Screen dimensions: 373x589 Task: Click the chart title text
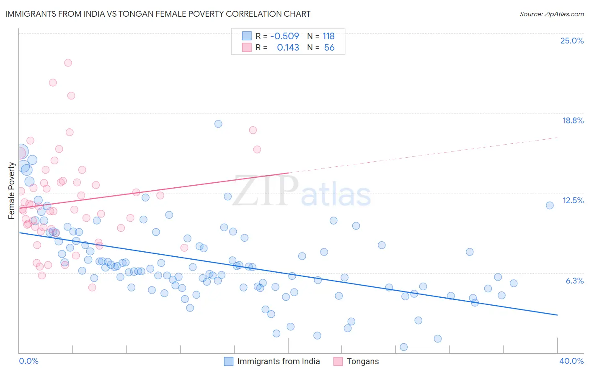pyautogui.click(x=158, y=14)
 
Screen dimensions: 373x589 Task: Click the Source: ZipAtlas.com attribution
pyautogui.click(x=551, y=14)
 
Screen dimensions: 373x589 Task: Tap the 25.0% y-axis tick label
pyautogui.click(x=572, y=41)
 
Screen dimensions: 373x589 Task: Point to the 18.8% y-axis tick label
pyautogui.click(x=573, y=120)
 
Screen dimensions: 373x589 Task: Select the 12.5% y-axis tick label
pyautogui.click(x=573, y=200)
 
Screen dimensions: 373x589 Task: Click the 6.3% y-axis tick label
pyautogui.click(x=574, y=281)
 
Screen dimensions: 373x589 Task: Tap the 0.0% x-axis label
pyautogui.click(x=28, y=361)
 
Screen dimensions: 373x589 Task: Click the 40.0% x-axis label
pyautogui.click(x=571, y=361)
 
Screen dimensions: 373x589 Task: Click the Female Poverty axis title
pyautogui.click(x=12, y=191)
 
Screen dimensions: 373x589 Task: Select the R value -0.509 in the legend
pyautogui.click(x=284, y=36)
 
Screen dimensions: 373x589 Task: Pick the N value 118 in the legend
pyautogui.click(x=328, y=36)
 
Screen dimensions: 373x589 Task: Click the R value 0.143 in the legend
pyautogui.click(x=288, y=47)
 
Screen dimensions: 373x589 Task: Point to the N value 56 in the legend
pyautogui.click(x=329, y=47)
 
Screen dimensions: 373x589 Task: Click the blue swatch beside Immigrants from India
pyautogui.click(x=228, y=361)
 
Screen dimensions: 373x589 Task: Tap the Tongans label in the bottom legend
pyautogui.click(x=362, y=361)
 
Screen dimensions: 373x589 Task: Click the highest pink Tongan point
pyautogui.click(x=68, y=63)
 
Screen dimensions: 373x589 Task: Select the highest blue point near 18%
pyautogui.click(x=218, y=124)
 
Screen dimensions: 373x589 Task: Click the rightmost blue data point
pyautogui.click(x=550, y=205)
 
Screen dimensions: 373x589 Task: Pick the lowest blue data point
pyautogui.click(x=403, y=347)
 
